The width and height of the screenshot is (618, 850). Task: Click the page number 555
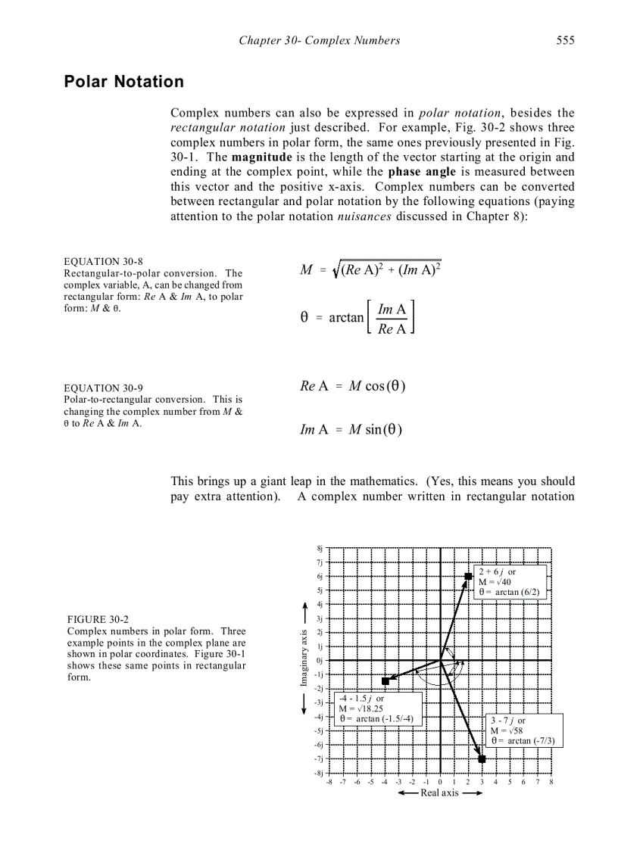(565, 41)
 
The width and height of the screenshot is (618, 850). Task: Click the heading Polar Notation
(123, 82)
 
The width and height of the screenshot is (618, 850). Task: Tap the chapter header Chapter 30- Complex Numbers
(319, 41)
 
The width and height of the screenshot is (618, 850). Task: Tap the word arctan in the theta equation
(346, 318)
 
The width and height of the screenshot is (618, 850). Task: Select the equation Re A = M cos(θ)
(353, 386)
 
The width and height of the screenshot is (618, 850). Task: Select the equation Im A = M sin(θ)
(351, 430)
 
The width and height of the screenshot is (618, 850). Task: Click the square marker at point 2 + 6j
(469, 577)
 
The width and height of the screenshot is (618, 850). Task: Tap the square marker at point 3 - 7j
(482, 758)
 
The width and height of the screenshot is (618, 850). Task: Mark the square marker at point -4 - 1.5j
(385, 681)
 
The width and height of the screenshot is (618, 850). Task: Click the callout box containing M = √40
(510, 582)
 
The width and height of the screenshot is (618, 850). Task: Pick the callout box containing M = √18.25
(378, 708)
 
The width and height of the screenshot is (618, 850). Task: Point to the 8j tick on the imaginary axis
(319, 548)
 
